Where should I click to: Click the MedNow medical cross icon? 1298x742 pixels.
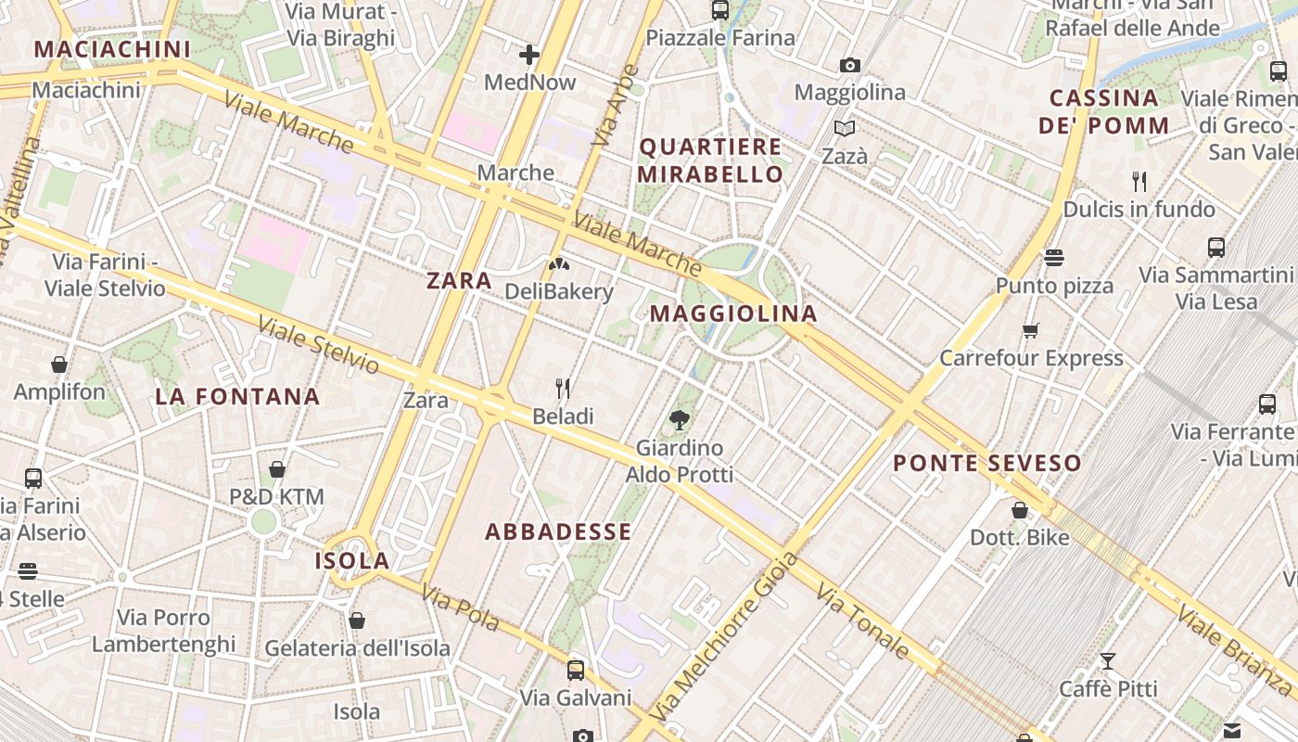[529, 56]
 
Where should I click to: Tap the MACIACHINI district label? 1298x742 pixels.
[112, 49]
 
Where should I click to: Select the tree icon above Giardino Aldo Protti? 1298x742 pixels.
[680, 420]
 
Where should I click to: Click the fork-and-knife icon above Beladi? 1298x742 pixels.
[562, 388]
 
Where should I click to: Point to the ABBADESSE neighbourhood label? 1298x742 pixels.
[558, 532]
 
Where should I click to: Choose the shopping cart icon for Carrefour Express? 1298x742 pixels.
[1030, 330]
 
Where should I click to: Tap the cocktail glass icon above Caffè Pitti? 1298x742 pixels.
[1107, 661]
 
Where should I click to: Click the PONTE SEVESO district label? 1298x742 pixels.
[987, 463]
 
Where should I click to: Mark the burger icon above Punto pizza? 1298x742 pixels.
[1053, 257]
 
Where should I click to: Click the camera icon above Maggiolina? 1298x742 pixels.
[849, 65]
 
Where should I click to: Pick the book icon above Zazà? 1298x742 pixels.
[844, 128]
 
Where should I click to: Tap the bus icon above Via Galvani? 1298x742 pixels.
[576, 670]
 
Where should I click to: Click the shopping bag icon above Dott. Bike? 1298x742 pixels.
[1019, 509]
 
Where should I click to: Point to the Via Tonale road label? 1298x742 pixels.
[862, 621]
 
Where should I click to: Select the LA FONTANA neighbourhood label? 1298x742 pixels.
[237, 397]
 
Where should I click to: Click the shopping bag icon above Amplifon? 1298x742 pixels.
[59, 365]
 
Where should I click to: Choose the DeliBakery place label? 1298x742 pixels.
[559, 291]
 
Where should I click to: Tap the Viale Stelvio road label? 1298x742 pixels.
[318, 345]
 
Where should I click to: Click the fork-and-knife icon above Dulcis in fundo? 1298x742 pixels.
[1139, 181]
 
